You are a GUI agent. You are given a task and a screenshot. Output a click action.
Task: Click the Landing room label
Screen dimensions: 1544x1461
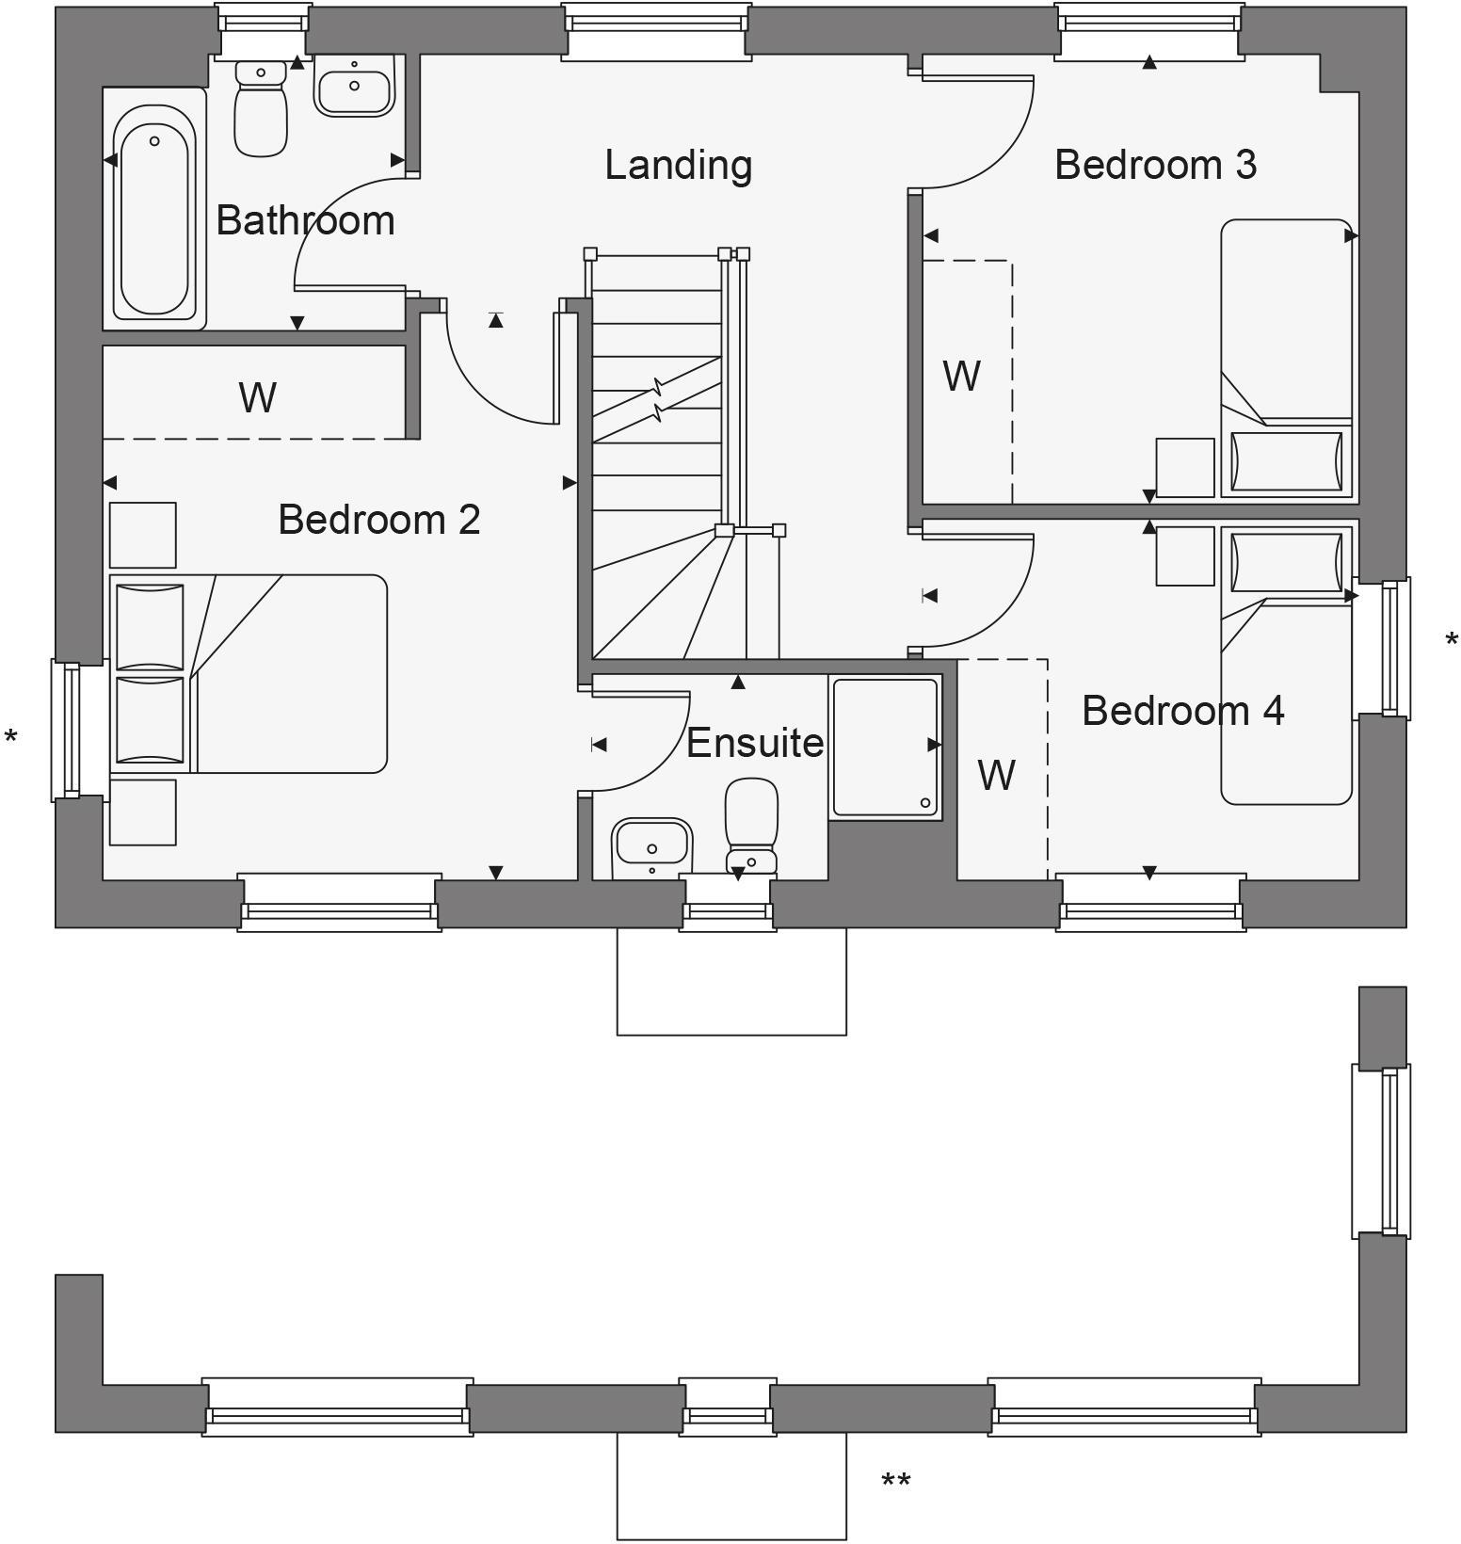click(x=678, y=166)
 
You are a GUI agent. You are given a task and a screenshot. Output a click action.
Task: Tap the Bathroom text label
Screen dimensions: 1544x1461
click(x=305, y=221)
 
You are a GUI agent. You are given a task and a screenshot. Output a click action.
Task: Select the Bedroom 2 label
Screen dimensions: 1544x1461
click(x=378, y=520)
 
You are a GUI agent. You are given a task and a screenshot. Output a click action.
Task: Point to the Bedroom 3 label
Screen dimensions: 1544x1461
click(x=1155, y=165)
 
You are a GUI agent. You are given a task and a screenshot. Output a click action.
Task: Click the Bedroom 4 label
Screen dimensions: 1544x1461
click(x=1182, y=711)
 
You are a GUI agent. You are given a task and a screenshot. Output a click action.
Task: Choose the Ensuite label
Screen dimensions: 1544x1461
click(x=755, y=744)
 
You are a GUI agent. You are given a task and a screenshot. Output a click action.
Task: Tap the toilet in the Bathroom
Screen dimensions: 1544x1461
click(x=260, y=108)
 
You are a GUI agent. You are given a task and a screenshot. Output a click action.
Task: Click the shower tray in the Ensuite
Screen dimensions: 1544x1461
click(x=885, y=747)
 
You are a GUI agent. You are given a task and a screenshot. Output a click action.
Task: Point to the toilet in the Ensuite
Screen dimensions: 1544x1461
click(x=751, y=824)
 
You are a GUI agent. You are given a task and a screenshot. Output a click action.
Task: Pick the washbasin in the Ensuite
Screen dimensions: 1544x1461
click(x=651, y=844)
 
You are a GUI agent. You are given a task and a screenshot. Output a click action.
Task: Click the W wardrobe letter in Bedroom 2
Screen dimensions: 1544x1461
click(x=257, y=397)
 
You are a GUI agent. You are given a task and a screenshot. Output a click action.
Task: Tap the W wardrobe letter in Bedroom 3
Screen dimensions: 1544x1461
click(x=961, y=377)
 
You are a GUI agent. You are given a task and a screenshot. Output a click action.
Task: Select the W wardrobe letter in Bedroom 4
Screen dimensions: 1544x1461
click(x=996, y=776)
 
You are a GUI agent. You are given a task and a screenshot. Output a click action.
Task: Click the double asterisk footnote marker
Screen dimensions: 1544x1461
click(x=895, y=1483)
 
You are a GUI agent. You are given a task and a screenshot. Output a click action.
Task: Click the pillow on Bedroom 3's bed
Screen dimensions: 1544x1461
click(x=1286, y=461)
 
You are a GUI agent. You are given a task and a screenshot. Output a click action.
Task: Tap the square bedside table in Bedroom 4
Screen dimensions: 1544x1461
click(x=1184, y=556)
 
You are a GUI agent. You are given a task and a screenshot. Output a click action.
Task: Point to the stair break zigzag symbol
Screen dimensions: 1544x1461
click(x=657, y=399)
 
